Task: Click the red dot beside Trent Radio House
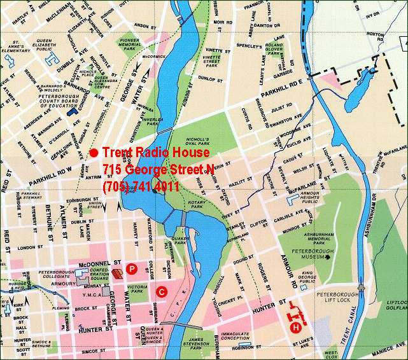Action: pyautogui.click(x=94, y=153)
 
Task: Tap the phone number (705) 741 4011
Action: pyautogui.click(x=141, y=186)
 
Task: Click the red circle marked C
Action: pyautogui.click(x=162, y=292)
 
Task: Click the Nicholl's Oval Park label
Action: pyautogui.click(x=198, y=142)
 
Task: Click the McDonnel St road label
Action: pyautogui.click(x=95, y=262)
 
